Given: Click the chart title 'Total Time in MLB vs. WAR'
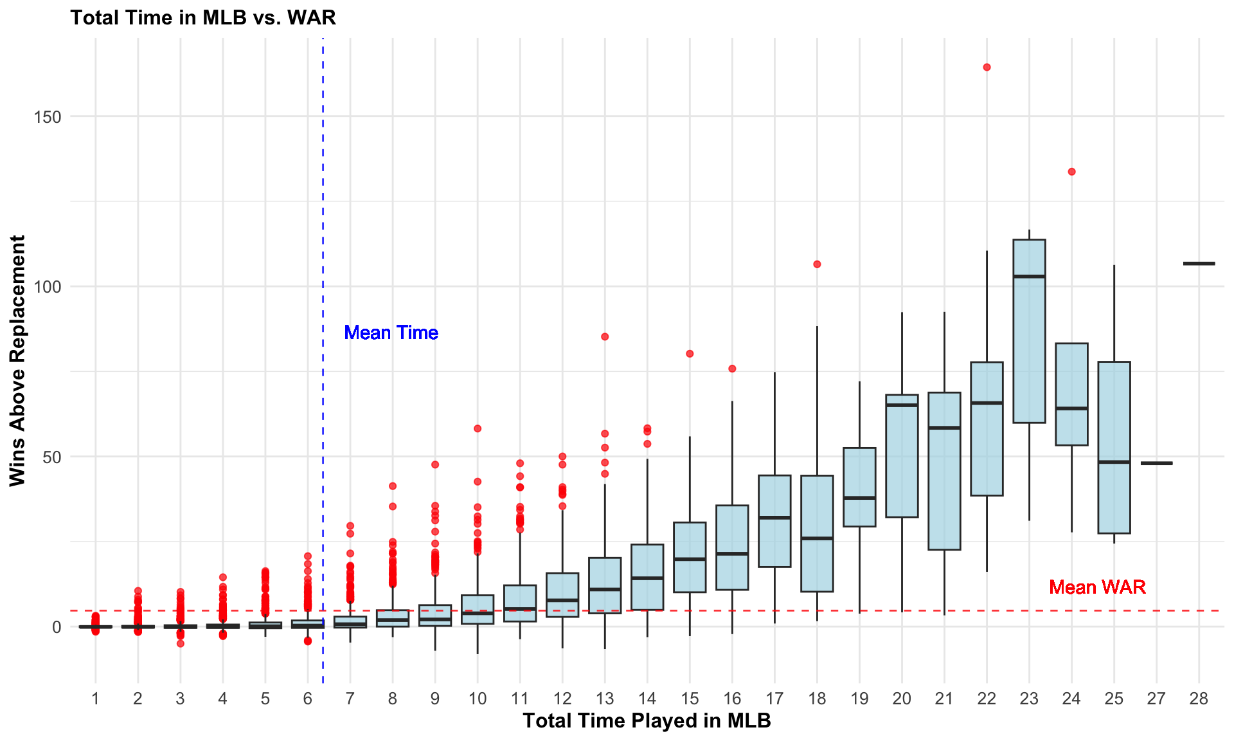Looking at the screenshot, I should pyautogui.click(x=203, y=17).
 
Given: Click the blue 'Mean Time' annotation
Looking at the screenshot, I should pyautogui.click(x=391, y=333).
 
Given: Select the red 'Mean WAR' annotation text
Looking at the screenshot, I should pyautogui.click(x=1097, y=587).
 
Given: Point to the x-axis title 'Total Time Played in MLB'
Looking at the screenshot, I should pyautogui.click(x=647, y=720).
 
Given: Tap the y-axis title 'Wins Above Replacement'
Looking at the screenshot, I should pyautogui.click(x=17, y=360).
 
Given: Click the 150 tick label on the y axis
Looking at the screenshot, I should pyautogui.click(x=48, y=117).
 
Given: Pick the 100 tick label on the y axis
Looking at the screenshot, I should pyautogui.click(x=48, y=287).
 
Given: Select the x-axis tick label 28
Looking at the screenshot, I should pyautogui.click(x=1199, y=699).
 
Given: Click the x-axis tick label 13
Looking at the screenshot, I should pyautogui.click(x=605, y=699).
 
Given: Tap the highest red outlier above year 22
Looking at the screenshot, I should pyautogui.click(x=987, y=68).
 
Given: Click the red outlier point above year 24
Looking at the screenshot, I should pyautogui.click(x=1071, y=172).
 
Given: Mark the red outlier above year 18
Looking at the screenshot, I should pyautogui.click(x=817, y=264).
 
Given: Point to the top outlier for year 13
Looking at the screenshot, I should pyautogui.click(x=605, y=337).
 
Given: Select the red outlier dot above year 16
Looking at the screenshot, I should pyautogui.click(x=732, y=369).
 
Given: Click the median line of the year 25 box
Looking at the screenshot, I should pyautogui.click(x=1114, y=462).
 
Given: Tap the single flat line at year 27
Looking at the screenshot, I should pyautogui.click(x=1156, y=463).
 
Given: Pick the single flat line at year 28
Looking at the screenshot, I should pyautogui.click(x=1199, y=264).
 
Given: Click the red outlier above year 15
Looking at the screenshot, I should pyautogui.click(x=690, y=354).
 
